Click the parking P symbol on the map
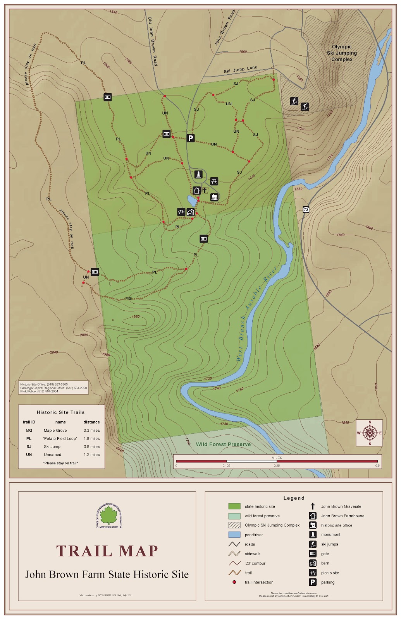pyautogui.click(x=190, y=138)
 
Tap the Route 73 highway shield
pyautogui.click(x=306, y=210)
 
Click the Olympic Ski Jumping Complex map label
pyautogui.click(x=342, y=53)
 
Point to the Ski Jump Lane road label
pyautogui.click(x=240, y=70)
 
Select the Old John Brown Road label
pyautogui.click(x=153, y=41)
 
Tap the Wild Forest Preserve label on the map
pyautogui.click(x=223, y=444)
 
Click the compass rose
pyautogui.click(x=369, y=433)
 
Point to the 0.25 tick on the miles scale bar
pyautogui.click(x=277, y=462)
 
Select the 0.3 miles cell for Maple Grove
pyautogui.click(x=91, y=430)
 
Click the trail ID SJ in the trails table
pyautogui.click(x=29, y=446)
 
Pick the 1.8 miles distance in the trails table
pyautogui.click(x=91, y=438)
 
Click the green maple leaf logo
pyautogui.click(x=108, y=516)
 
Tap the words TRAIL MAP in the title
pyautogui.click(x=107, y=551)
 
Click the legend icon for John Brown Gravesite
pyautogui.click(x=313, y=506)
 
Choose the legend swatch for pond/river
pyautogui.click(x=234, y=535)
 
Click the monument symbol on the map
pyautogui.click(x=198, y=174)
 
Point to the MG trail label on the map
pyautogui.click(x=129, y=298)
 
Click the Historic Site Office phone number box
pyautogui.click(x=53, y=388)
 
